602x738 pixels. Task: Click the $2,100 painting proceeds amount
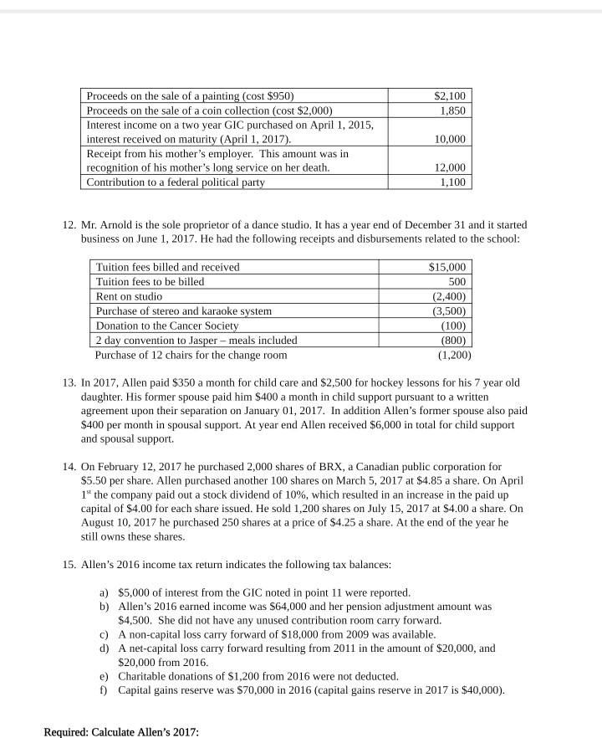tap(451, 95)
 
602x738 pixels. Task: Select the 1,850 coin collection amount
tap(452, 110)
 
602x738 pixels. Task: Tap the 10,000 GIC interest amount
tap(450, 139)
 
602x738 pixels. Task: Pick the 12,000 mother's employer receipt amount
tap(450, 168)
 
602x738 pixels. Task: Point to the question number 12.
tap(69, 225)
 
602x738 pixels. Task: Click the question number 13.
tap(69, 382)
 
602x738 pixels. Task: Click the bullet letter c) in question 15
tap(105, 634)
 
